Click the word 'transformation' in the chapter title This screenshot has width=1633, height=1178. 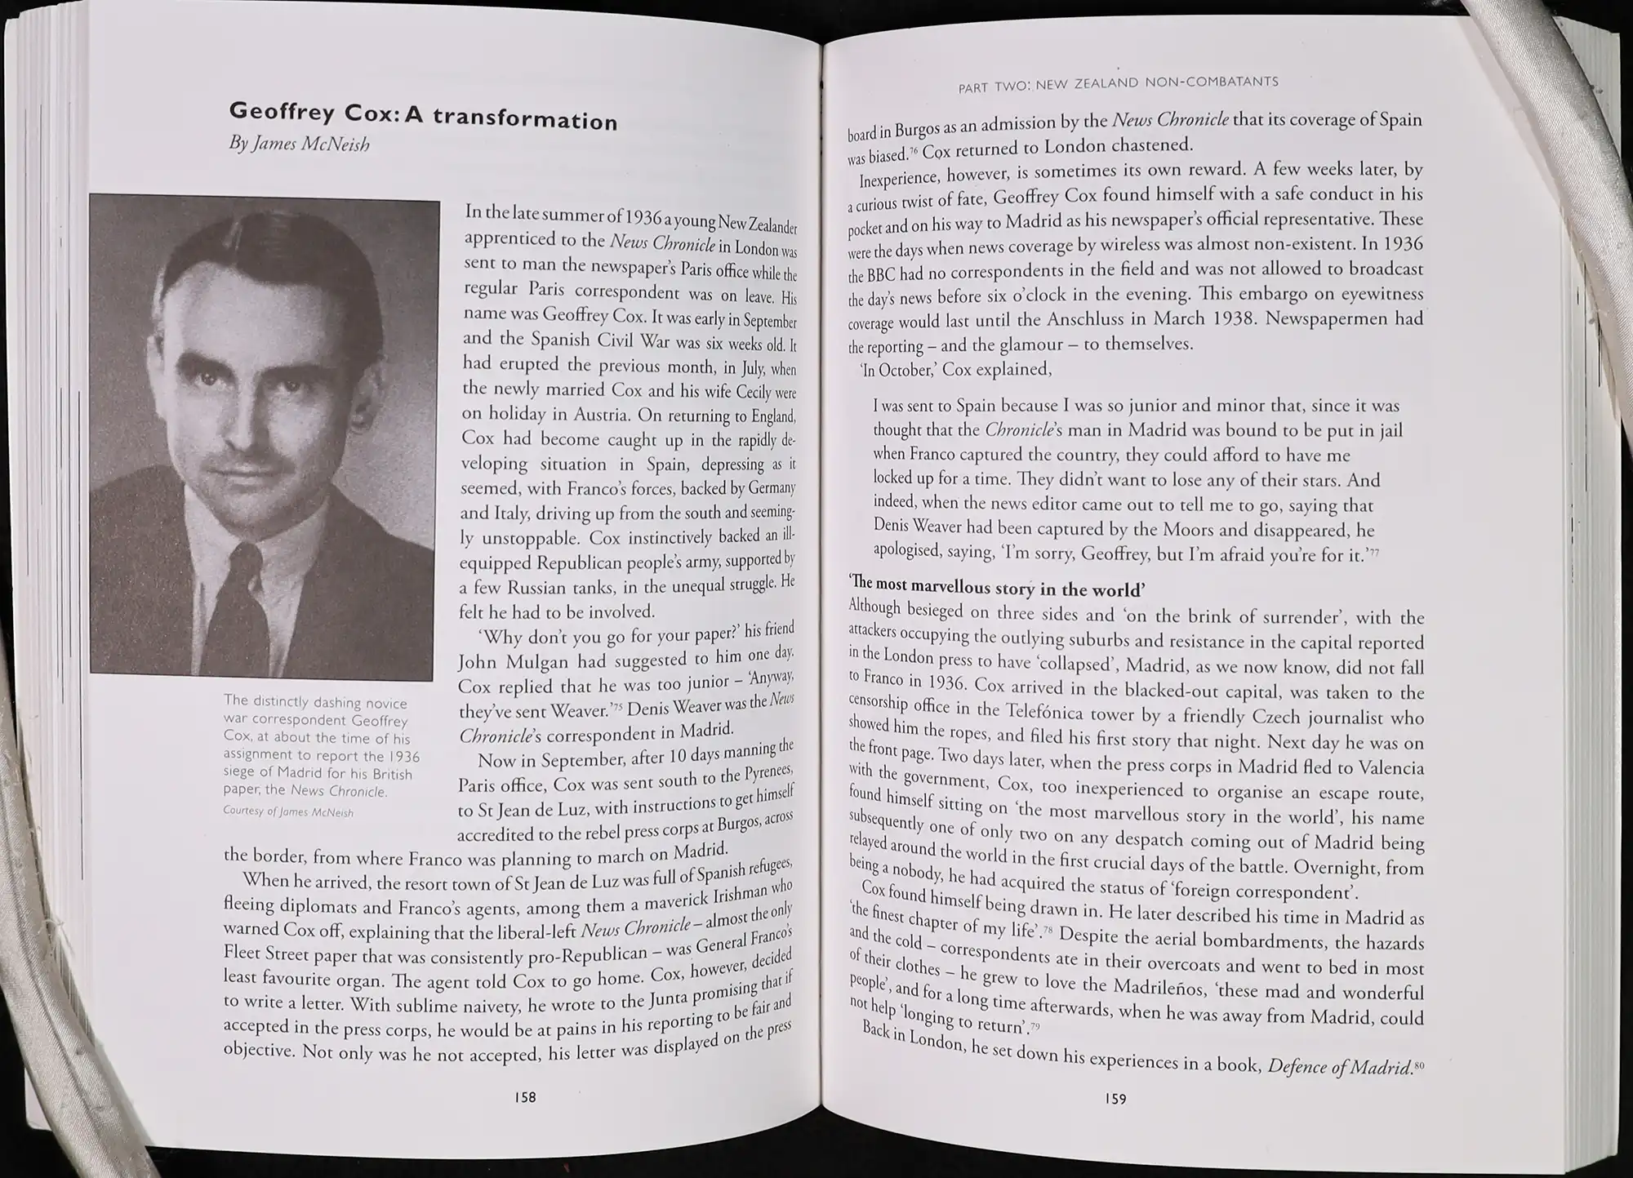coord(525,119)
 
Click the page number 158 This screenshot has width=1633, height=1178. coord(525,1097)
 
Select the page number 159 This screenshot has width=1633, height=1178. coord(1115,1099)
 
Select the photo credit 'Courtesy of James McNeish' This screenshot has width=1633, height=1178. coord(288,811)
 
